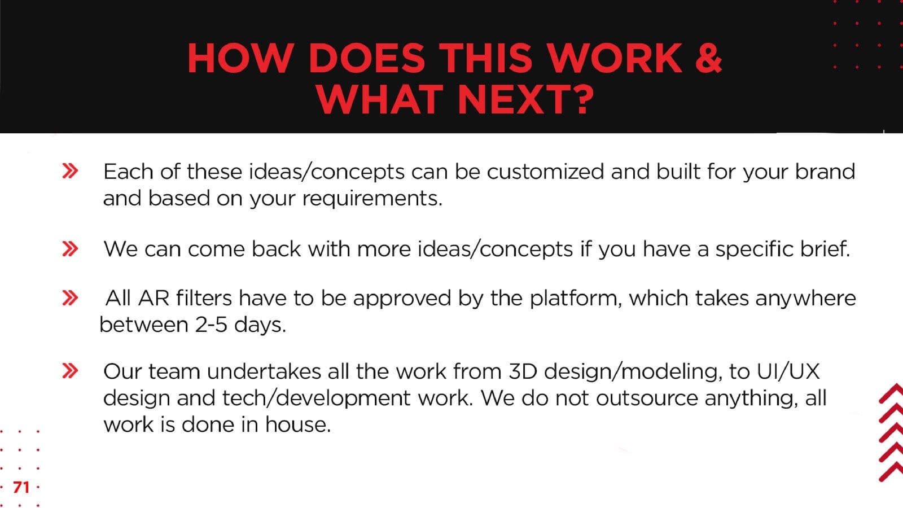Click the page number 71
coord(21,488)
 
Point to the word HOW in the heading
coord(240,58)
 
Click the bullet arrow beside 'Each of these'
coord(70,171)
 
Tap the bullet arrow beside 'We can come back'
coord(70,249)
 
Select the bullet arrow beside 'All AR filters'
coord(70,298)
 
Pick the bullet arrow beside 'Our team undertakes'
coord(70,370)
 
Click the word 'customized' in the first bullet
coord(545,172)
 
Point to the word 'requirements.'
coord(372,198)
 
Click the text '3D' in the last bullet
coord(523,371)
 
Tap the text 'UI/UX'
coord(788,371)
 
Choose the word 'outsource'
coord(647,398)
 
